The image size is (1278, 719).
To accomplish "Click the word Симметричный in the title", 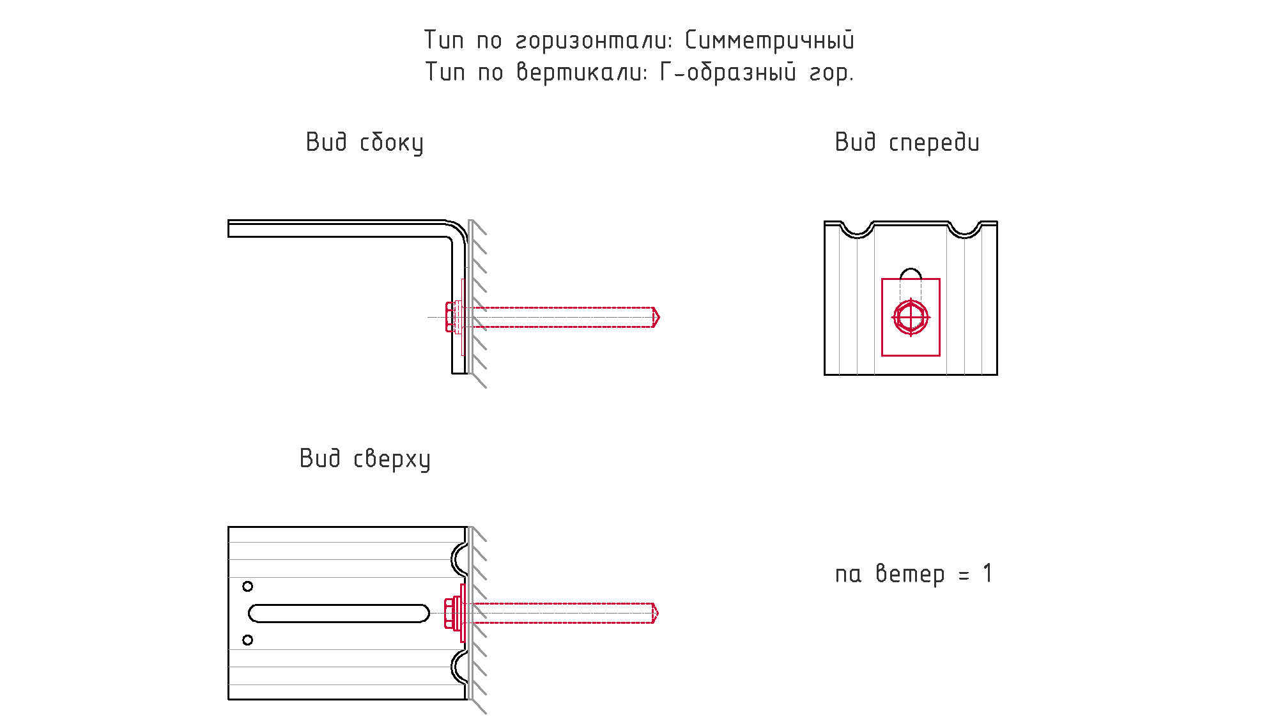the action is pyautogui.click(x=769, y=40).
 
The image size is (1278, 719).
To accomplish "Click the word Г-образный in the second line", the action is pyautogui.click(x=728, y=72).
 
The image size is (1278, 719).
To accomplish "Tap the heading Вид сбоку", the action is pyautogui.click(x=364, y=143).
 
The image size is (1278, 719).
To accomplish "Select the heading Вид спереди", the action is pyautogui.click(x=907, y=143).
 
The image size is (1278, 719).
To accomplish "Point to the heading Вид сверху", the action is pyautogui.click(x=365, y=459).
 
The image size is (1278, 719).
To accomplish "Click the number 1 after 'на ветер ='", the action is pyautogui.click(x=988, y=573).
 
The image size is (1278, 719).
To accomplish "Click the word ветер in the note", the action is pyautogui.click(x=910, y=574).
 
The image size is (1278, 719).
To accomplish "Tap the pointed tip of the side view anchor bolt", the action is pyautogui.click(x=659, y=317).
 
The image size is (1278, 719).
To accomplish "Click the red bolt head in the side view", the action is pyautogui.click(x=450, y=317).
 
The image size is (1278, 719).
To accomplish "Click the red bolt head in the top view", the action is pyautogui.click(x=449, y=613).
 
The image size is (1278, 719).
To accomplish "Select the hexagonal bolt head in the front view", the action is pyautogui.click(x=911, y=317).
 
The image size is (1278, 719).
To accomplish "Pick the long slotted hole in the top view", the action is pyautogui.click(x=339, y=614).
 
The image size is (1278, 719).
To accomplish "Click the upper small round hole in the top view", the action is pyautogui.click(x=247, y=586).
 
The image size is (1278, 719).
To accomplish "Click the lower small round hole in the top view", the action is pyautogui.click(x=247, y=640).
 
